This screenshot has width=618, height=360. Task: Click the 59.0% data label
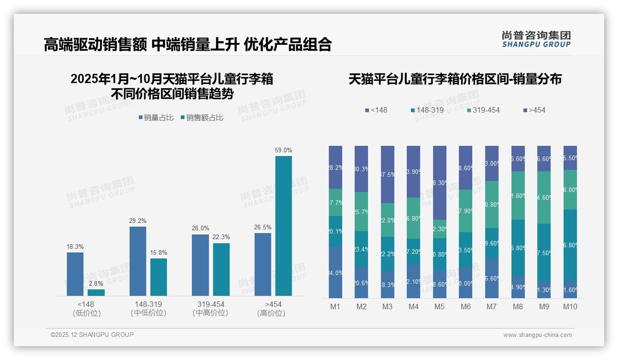pos(284,150)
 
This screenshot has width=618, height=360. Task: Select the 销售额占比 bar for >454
pos(284,226)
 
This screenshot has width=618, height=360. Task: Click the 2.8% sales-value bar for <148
pos(96,293)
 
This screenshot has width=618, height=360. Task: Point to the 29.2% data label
pos(137,221)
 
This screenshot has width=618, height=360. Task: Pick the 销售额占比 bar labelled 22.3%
pos(221,270)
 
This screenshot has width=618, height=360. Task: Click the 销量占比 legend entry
pos(156,118)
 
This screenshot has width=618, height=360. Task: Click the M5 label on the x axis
pos(440,306)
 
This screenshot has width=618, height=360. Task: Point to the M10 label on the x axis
pos(570,306)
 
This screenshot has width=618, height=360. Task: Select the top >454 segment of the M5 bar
pos(440,183)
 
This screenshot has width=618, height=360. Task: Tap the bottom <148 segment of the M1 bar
pos(336,272)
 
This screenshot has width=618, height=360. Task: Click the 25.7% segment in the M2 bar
pos(361,211)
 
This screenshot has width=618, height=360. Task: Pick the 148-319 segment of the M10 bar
pos(570,245)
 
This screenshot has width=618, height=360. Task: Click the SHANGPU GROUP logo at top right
pos(536,39)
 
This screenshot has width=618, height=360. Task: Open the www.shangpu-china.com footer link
pos(537,335)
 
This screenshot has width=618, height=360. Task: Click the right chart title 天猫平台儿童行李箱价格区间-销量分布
pos(455,79)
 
